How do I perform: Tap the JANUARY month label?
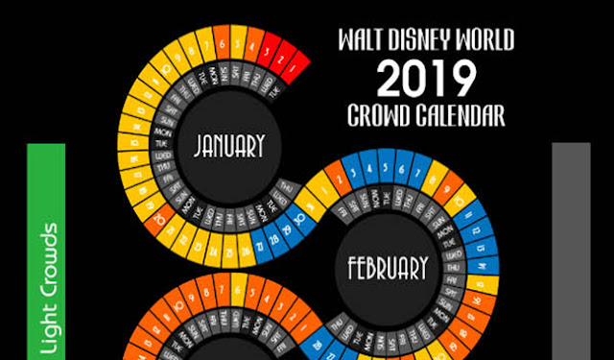pos(228,146)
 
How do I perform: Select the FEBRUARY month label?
pos(387,265)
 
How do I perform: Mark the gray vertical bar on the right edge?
pos(572,250)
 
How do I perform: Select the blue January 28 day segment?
pos(274,238)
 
